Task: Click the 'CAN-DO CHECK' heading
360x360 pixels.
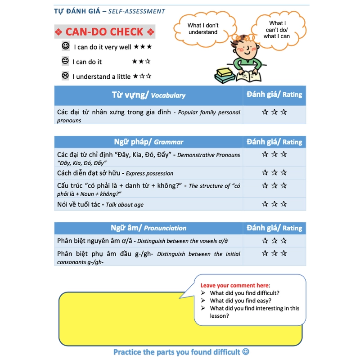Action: pyautogui.click(x=104, y=32)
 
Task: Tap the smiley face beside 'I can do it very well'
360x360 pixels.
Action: pyautogui.click(x=66, y=46)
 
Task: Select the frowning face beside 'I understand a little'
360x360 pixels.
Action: pyautogui.click(x=65, y=76)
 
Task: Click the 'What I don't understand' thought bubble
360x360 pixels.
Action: pyautogui.click(x=202, y=29)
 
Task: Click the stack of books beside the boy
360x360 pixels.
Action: pyautogui.click(x=225, y=75)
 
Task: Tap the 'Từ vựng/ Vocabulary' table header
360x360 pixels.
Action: pyautogui.click(x=148, y=95)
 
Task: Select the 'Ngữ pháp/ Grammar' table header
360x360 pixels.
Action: pyautogui.click(x=148, y=142)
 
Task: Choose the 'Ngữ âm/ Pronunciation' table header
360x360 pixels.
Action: pyautogui.click(x=148, y=228)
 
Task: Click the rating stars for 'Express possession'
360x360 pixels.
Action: pyautogui.click(x=274, y=173)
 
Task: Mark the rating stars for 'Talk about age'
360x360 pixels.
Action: pyautogui.click(x=274, y=204)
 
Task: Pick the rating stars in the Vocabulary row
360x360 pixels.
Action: pyautogui.click(x=274, y=112)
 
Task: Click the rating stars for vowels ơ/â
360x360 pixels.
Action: pyautogui.click(x=274, y=241)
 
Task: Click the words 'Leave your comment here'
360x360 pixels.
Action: pyautogui.click(x=234, y=285)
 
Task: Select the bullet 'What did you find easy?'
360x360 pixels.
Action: pyautogui.click(x=240, y=301)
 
